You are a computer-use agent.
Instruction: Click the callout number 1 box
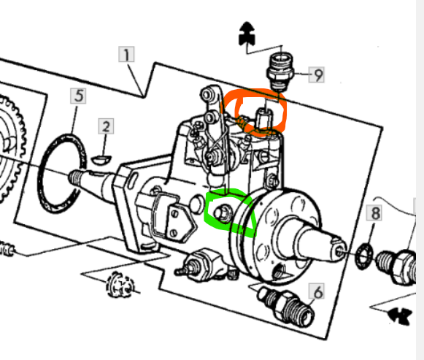[x=126, y=54]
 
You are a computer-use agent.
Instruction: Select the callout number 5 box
[x=78, y=96]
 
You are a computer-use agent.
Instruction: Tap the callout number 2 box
[x=106, y=126]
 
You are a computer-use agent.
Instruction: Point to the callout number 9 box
[x=317, y=74]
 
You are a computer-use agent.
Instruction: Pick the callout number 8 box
[x=374, y=212]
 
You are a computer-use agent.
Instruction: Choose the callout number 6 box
[x=317, y=291]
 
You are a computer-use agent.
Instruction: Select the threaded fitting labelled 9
[x=280, y=72]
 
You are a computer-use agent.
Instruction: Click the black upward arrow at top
[x=247, y=34]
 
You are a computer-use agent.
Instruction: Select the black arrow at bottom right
[x=399, y=315]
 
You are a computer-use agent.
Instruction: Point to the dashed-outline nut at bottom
[x=120, y=285]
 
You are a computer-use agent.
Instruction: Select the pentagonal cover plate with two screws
[x=180, y=222]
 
